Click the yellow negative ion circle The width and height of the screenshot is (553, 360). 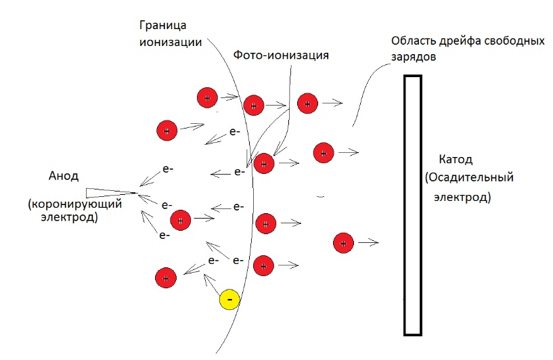coord(229,299)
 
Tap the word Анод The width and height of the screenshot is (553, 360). coord(64,175)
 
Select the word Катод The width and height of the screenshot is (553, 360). coord(456,160)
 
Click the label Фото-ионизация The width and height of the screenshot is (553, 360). coord(281,55)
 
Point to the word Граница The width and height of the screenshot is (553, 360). coord(162,26)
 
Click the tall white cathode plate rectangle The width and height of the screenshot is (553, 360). coord(413,205)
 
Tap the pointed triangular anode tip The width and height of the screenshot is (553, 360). coord(137,193)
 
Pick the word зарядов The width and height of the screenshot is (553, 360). coord(414,57)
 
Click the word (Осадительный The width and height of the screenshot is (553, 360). coord(469,177)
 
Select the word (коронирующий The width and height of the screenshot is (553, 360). coord(74,204)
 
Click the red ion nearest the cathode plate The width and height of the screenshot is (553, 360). coord(343,242)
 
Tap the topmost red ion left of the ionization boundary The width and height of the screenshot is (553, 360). coord(207,97)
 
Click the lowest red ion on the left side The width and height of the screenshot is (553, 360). coord(166,278)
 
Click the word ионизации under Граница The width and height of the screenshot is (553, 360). coord(171,43)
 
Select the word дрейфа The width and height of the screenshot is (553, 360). coord(460,41)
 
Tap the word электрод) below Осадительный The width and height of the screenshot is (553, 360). coord(462,197)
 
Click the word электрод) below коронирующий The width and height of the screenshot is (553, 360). coord(69,217)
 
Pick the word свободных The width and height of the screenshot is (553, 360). coord(514,41)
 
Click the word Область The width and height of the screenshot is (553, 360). coord(414,41)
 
